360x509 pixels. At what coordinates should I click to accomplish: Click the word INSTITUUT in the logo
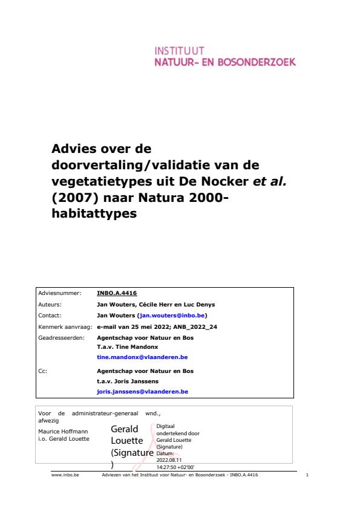click(180, 51)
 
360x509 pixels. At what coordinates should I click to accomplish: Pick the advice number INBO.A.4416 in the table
click(117, 293)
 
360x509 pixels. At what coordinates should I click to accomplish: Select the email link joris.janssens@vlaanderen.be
click(142, 391)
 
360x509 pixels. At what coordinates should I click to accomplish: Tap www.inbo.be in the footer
click(63, 476)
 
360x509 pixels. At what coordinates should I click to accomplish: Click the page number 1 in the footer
click(308, 476)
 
